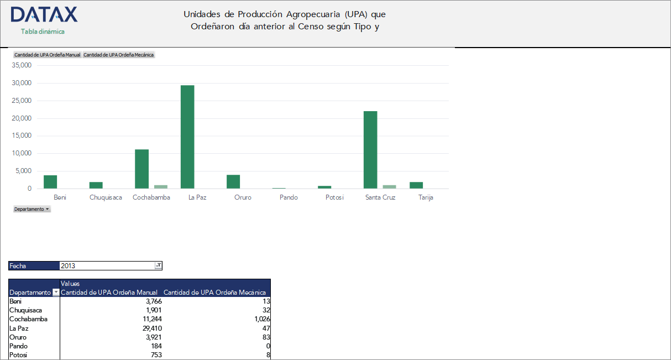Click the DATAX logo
[x=44, y=15]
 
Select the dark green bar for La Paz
[x=187, y=137]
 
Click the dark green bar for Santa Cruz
[x=370, y=150]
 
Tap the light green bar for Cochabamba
[x=160, y=187]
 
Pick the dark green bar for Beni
[x=50, y=182]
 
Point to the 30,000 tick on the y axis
[x=22, y=83]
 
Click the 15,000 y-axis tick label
[x=22, y=135]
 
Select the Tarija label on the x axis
[x=426, y=197]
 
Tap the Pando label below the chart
[x=289, y=197]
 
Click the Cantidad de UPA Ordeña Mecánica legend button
[x=119, y=55]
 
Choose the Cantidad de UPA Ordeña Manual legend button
[x=47, y=55]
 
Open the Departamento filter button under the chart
[x=32, y=209]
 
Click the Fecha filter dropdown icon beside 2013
[x=158, y=266]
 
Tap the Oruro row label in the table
[x=18, y=337]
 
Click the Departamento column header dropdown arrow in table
[x=55, y=293]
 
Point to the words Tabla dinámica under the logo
[x=43, y=32]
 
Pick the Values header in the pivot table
[x=70, y=283]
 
